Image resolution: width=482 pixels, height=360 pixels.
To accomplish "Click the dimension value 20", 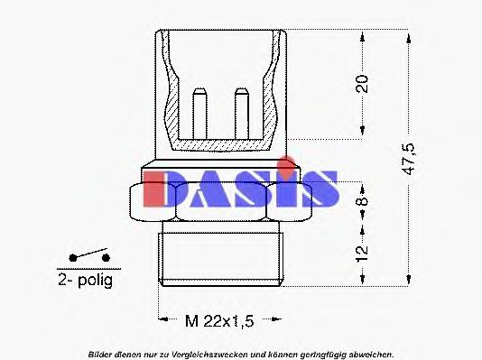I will (x=362, y=85).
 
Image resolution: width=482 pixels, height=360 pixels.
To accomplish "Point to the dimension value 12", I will (x=362, y=254).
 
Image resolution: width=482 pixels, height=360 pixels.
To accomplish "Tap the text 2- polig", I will (x=85, y=281).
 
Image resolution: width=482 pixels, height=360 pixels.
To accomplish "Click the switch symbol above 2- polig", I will (x=85, y=257).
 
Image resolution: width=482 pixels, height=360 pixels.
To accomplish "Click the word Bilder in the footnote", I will (x=102, y=353).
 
